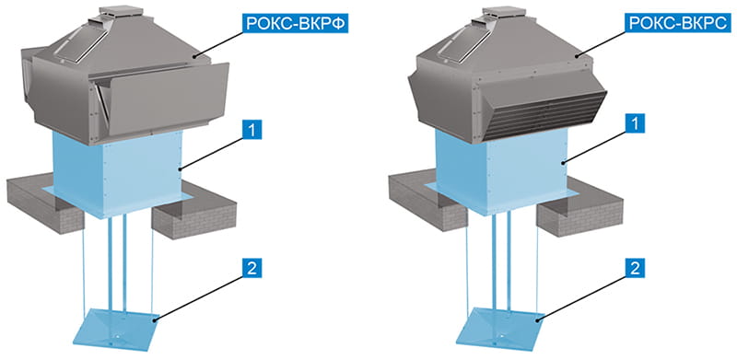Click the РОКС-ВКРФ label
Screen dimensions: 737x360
[x=295, y=24]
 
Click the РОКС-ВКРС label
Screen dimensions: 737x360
[x=679, y=23]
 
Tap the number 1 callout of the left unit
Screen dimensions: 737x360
[x=252, y=130]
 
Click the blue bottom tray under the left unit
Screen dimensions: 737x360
[x=116, y=329]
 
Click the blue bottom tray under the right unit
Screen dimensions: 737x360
[x=500, y=328]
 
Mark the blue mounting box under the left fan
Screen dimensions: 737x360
[x=117, y=174]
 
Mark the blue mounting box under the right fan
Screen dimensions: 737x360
[x=502, y=171]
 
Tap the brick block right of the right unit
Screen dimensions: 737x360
[x=580, y=213]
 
